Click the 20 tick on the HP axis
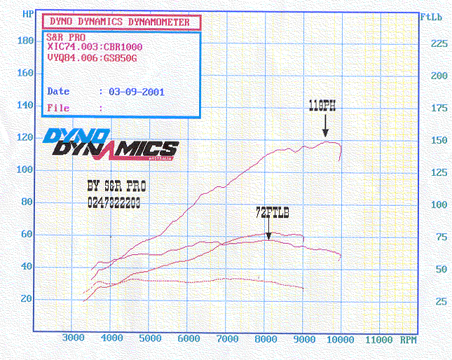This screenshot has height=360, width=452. (27, 298)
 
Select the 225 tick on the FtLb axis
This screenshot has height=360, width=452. (439, 43)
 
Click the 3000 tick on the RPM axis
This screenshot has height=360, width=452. (73, 338)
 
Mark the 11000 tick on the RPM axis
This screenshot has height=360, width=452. (379, 338)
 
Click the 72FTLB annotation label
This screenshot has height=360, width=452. (268, 210)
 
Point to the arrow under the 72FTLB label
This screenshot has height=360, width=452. (268, 228)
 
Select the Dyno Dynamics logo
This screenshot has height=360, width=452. (110, 144)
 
